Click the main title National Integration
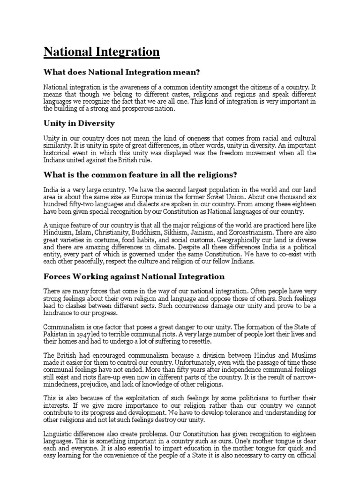[102, 52]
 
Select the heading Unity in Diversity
[79, 124]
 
